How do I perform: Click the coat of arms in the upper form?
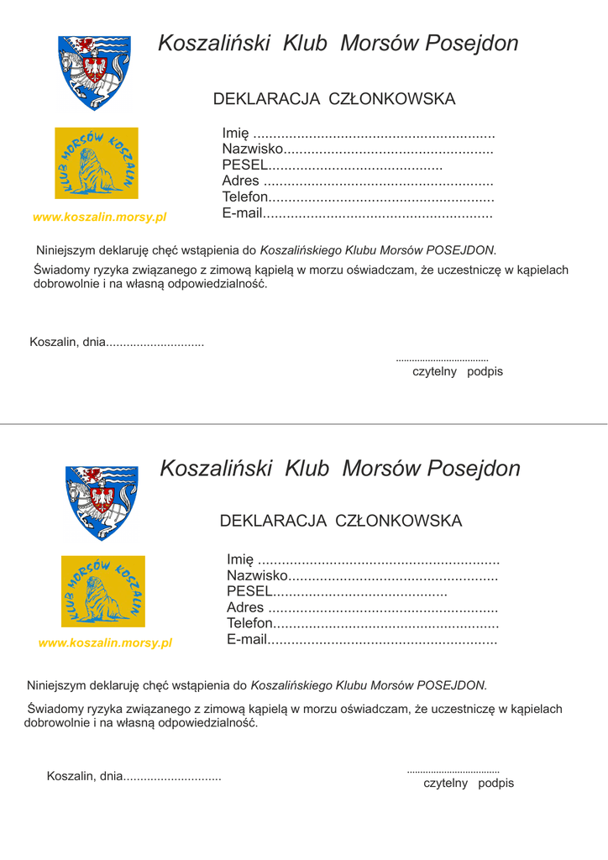tap(94, 71)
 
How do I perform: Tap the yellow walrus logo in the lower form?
tap(103, 591)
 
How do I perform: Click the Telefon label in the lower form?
tap(250, 624)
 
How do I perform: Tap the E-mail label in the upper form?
tap(243, 213)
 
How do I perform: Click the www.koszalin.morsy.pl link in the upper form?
tap(99, 218)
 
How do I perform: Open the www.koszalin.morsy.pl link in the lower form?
tap(105, 643)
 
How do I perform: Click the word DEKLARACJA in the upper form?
tap(266, 99)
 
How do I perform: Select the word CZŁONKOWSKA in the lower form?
tap(399, 522)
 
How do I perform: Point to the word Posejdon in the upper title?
tap(472, 44)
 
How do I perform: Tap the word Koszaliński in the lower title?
tap(216, 469)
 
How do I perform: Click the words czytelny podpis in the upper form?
tap(458, 371)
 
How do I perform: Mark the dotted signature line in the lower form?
tap(453, 771)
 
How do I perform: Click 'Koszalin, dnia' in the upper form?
tap(68, 342)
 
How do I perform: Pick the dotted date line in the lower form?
tap(172, 778)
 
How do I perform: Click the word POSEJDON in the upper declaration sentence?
tap(460, 250)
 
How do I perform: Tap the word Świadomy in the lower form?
tap(55, 710)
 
